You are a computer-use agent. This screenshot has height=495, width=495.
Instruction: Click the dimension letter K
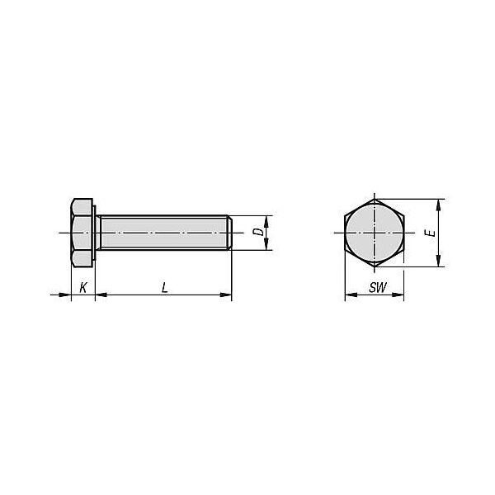[83, 288]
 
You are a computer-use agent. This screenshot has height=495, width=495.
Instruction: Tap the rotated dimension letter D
[258, 233]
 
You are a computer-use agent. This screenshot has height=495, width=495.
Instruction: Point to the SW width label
[377, 288]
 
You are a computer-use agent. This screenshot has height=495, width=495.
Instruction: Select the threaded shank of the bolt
[165, 233]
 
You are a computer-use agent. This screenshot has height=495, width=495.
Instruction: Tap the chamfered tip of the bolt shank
[229, 233]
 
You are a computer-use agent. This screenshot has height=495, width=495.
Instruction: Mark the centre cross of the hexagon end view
[374, 233]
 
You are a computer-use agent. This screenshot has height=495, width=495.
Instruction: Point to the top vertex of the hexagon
[374, 199]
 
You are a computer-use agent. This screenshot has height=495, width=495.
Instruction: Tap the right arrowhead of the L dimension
[227, 295]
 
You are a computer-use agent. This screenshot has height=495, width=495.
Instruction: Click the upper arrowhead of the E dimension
[439, 204]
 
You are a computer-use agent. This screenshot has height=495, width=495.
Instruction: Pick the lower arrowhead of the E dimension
[439, 262]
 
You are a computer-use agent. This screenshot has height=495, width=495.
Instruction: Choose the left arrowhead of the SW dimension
[349, 295]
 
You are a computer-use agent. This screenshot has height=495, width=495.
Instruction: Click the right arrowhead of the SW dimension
[399, 295]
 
